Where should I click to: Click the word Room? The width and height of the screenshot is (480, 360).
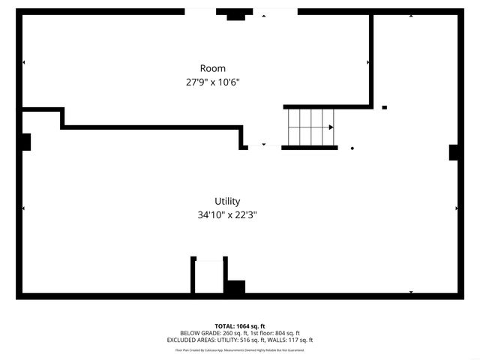(212, 68)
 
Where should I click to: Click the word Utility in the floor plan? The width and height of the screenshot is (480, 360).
(227, 201)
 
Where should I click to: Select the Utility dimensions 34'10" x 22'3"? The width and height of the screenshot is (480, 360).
(227, 214)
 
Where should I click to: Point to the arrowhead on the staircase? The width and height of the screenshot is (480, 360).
(331, 127)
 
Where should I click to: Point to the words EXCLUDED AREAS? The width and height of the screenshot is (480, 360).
(190, 340)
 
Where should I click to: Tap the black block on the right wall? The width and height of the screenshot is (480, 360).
(454, 152)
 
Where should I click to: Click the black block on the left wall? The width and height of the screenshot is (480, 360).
(25, 142)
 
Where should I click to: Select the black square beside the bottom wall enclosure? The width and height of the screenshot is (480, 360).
(235, 286)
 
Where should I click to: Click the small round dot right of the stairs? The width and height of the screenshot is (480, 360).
(352, 148)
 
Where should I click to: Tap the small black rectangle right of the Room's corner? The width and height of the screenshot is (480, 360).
(385, 107)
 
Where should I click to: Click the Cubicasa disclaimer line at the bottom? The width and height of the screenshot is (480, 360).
(240, 349)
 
